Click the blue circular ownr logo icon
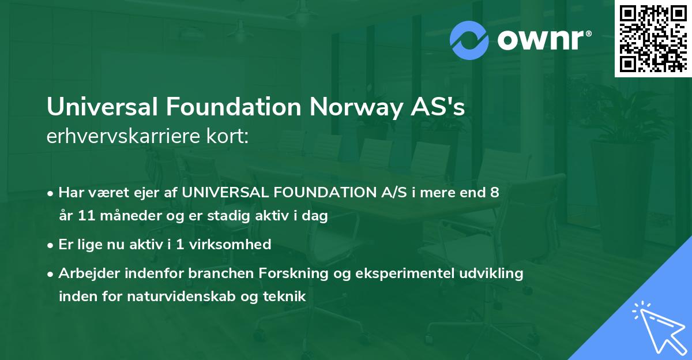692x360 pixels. point(469,40)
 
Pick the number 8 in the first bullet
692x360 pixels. point(494,193)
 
